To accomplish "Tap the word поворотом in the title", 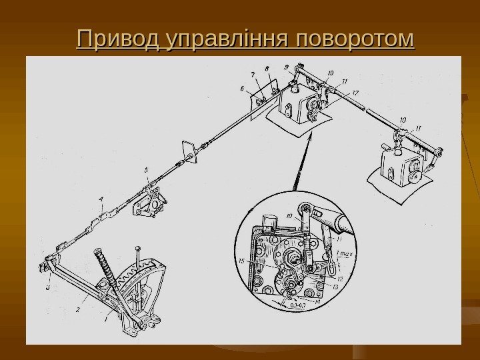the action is (356, 39).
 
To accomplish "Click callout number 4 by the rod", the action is (101, 198).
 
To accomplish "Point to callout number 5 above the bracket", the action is (147, 172).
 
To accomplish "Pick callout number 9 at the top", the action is (285, 67).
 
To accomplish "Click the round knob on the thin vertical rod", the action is (137, 247).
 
